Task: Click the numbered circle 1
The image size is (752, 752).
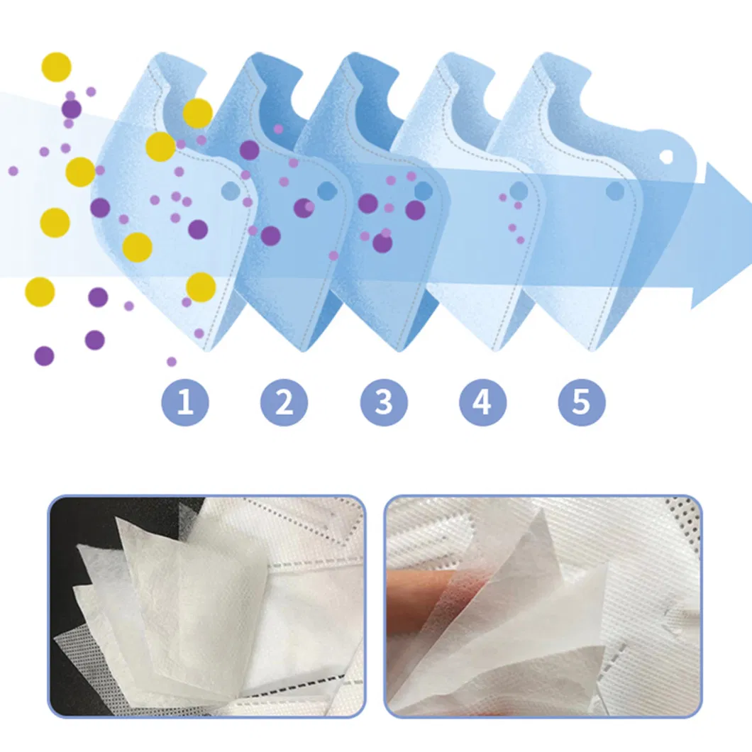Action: [x=185, y=402]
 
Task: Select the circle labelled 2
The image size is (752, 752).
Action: [x=284, y=402]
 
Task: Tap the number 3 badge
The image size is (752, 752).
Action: [x=384, y=402]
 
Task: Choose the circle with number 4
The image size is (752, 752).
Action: [x=482, y=402]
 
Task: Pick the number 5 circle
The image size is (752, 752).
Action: [x=582, y=402]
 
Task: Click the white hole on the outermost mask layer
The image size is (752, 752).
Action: [x=666, y=156]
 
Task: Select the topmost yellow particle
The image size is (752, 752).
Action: [x=57, y=67]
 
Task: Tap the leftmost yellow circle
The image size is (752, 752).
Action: [x=40, y=291]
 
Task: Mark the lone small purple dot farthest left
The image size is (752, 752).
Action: [x=13, y=171]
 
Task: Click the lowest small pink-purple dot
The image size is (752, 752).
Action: [x=171, y=362]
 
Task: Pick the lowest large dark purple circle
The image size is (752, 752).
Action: [x=44, y=356]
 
